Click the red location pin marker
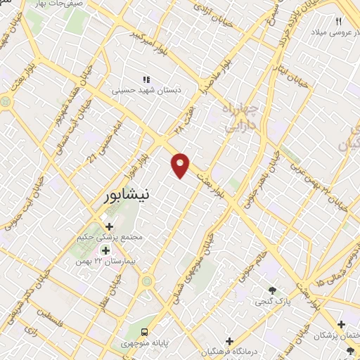pyautogui.click(x=181, y=165)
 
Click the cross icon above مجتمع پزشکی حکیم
pyautogui.click(x=109, y=226)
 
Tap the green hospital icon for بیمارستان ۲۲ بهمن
pyautogui.click(x=105, y=250)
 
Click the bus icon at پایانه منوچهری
pyautogui.click(x=144, y=330)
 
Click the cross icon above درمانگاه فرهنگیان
pyautogui.click(x=229, y=341)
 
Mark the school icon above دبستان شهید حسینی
pyautogui.click(x=146, y=80)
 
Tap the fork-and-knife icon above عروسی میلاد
pyautogui.click(x=339, y=22)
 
